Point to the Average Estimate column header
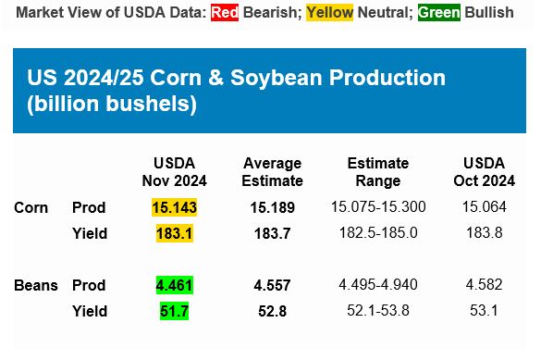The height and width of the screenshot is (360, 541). pos(272,171)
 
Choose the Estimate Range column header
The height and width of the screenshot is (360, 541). pos(377,171)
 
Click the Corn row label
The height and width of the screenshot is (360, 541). pos(31,207)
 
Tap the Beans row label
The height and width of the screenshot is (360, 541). pos(35,285)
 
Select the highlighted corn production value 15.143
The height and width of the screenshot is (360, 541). pos(175,207)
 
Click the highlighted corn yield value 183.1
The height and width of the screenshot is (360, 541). pos(175,233)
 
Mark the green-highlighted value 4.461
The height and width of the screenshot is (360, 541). pos(174,285)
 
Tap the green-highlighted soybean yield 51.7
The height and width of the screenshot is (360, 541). pos(174,311)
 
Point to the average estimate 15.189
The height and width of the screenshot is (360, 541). pos(272,207)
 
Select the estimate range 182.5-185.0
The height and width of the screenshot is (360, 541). pos(377,233)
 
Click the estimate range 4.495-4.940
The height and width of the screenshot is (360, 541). pos(377,285)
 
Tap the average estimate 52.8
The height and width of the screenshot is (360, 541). pos(272,311)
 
